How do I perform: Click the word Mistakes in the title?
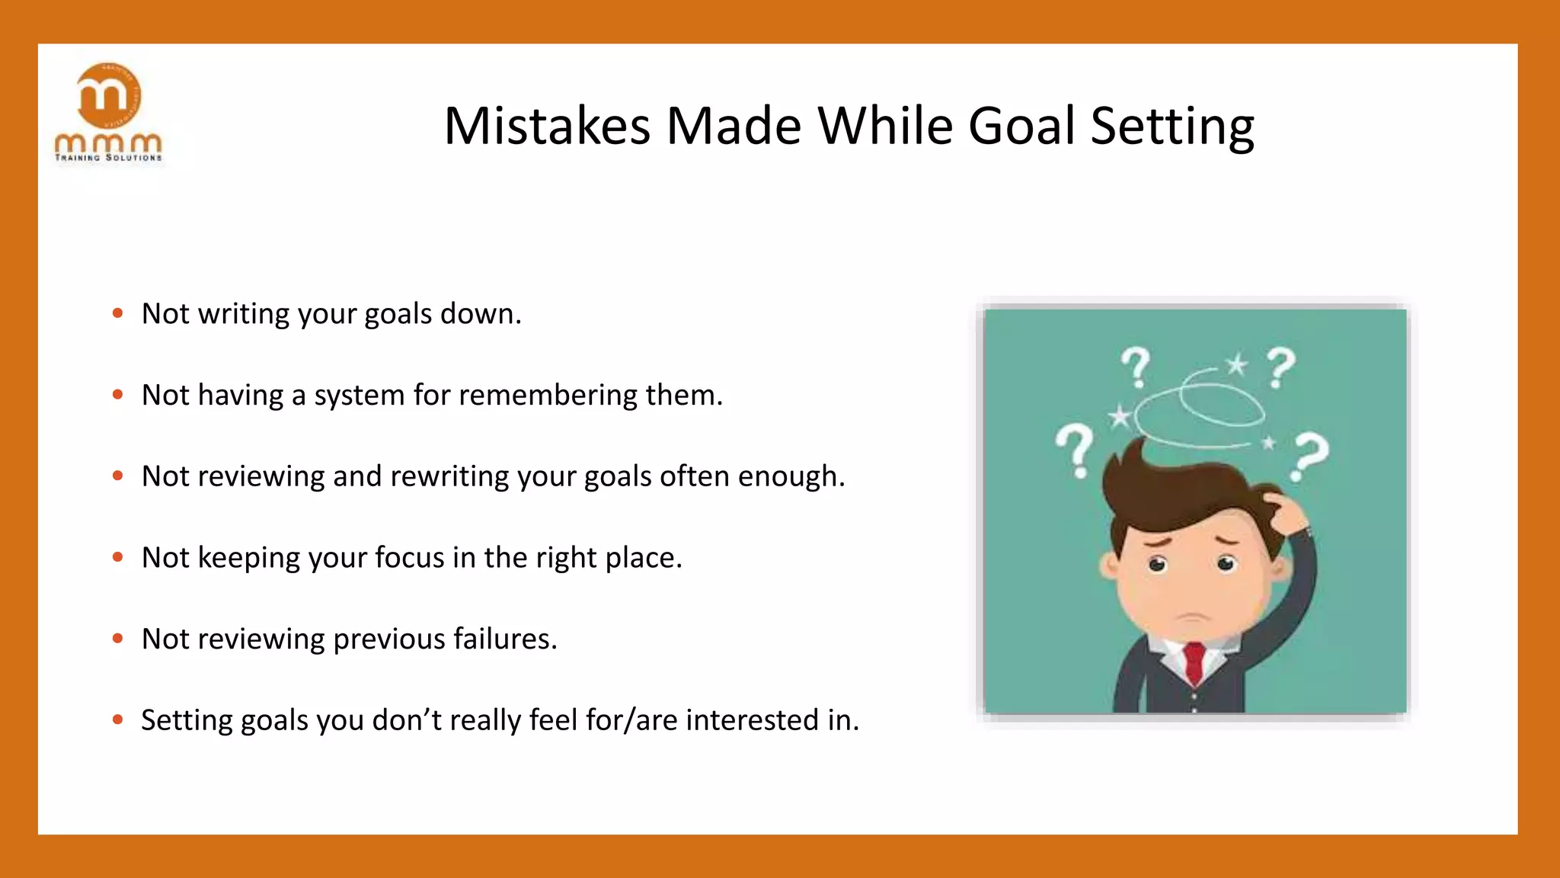coord(547,127)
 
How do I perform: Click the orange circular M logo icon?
coord(109,95)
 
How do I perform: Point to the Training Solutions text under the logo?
coord(108,158)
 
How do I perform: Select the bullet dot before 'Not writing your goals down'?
coord(117,313)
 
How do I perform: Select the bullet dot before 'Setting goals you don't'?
coord(117,719)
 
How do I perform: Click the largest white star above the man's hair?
coord(1120,416)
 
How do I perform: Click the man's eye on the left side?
coord(1157,565)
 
